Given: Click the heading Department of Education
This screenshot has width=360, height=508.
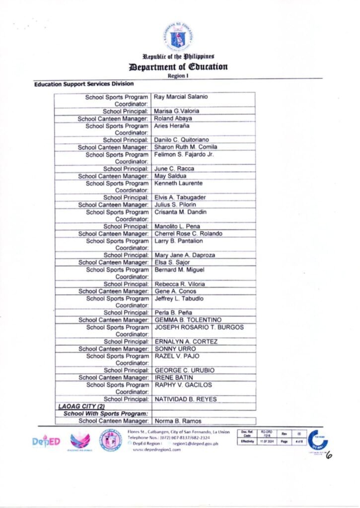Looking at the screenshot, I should [x=178, y=66].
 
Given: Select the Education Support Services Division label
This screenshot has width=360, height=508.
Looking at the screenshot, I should [x=84, y=85].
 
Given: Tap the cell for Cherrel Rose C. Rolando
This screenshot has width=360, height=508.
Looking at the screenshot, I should [x=188, y=234].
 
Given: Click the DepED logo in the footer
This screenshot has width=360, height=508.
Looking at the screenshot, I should [x=46, y=441].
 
